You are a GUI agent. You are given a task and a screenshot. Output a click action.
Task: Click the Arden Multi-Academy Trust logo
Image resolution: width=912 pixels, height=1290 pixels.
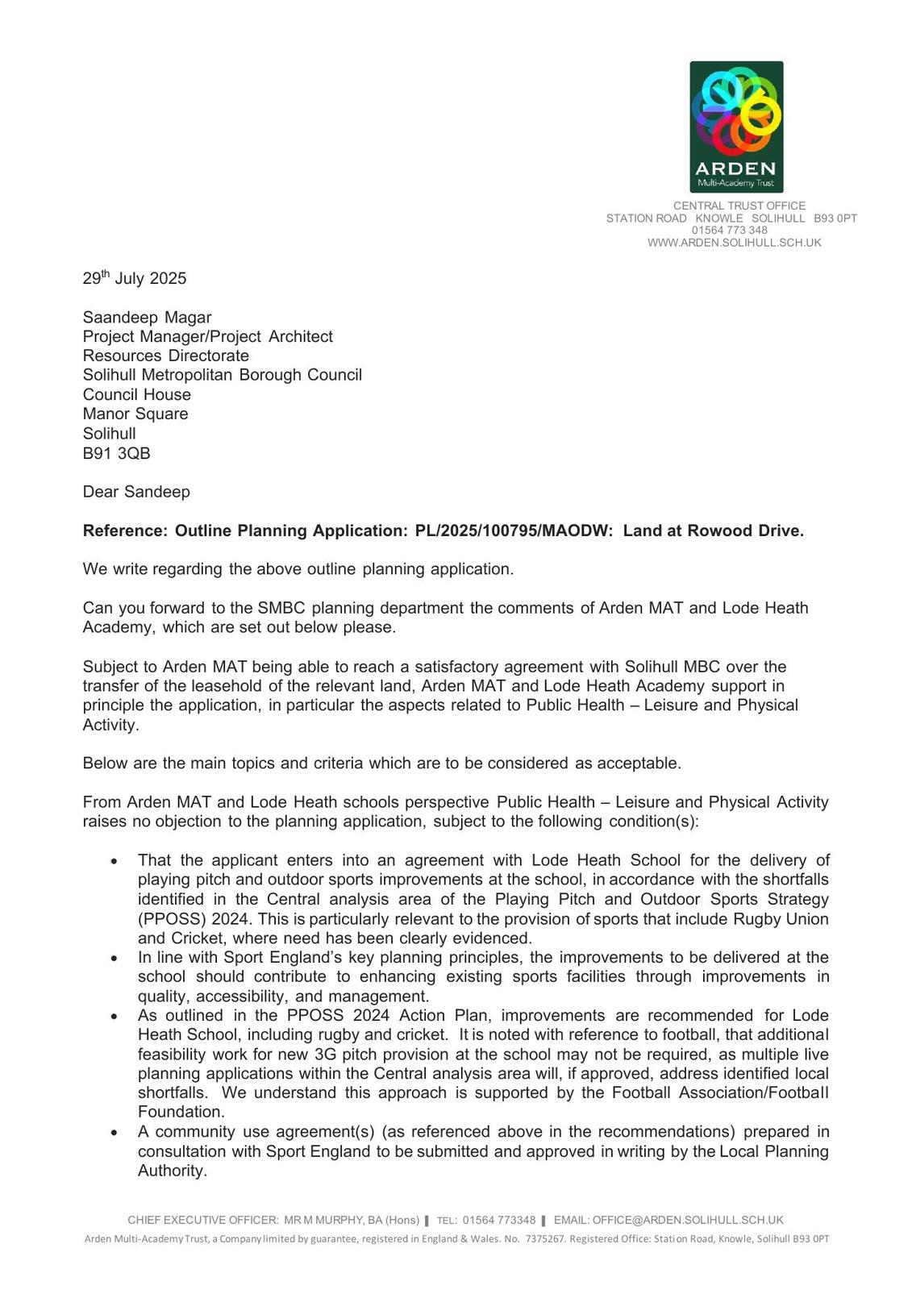coord(736,127)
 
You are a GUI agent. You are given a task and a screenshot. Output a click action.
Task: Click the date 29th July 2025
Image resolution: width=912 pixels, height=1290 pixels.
coord(135,279)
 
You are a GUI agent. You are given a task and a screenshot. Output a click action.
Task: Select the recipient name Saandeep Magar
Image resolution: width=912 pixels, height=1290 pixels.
coord(147,318)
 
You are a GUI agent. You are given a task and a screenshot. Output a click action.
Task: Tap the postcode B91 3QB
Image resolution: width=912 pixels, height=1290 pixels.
coord(116,453)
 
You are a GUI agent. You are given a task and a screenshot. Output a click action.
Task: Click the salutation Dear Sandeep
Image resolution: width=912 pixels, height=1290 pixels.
coord(136,492)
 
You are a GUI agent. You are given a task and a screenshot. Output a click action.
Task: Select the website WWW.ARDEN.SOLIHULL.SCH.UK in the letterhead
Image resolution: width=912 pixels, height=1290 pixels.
coord(734,243)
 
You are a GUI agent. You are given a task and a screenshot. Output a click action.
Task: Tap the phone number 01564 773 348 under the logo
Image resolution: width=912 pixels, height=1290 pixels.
coord(729,231)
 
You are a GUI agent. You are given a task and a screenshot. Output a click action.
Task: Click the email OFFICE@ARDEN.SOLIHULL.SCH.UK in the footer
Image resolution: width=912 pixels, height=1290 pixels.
coord(688,1221)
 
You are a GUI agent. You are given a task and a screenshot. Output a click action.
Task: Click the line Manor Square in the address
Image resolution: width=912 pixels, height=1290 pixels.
coord(135,414)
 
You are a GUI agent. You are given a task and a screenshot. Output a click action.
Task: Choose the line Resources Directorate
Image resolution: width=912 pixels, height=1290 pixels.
coord(165,356)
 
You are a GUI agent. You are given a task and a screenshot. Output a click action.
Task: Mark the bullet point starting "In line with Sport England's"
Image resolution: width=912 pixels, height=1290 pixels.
coord(115,959)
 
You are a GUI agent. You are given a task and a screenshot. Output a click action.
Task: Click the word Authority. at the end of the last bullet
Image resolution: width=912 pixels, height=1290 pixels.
coord(173,1171)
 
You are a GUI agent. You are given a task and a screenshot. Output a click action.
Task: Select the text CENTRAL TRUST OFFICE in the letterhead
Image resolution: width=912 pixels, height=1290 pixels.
coord(739,206)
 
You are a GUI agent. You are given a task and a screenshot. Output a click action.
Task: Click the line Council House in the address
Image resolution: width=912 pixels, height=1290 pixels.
coord(137,395)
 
